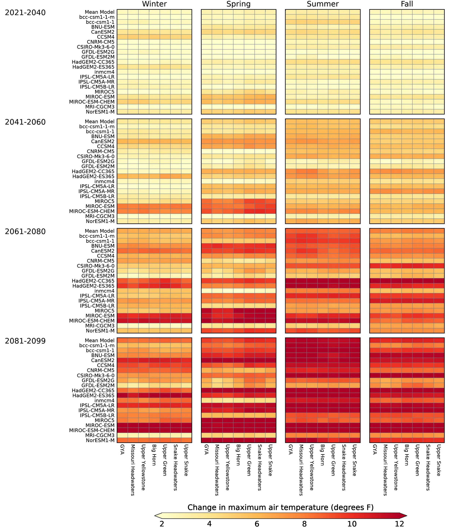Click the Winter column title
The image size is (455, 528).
pos(154,4)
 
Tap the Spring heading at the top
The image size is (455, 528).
pos(238,4)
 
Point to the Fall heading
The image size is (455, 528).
pos(407,4)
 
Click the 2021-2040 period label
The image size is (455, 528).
pos(25,13)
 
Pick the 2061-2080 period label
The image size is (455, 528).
pos(25,232)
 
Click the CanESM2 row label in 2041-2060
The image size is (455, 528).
pos(103,141)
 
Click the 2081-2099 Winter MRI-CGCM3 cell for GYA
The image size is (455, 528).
pos(122,435)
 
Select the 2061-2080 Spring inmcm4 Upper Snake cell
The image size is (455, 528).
pos(271,291)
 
